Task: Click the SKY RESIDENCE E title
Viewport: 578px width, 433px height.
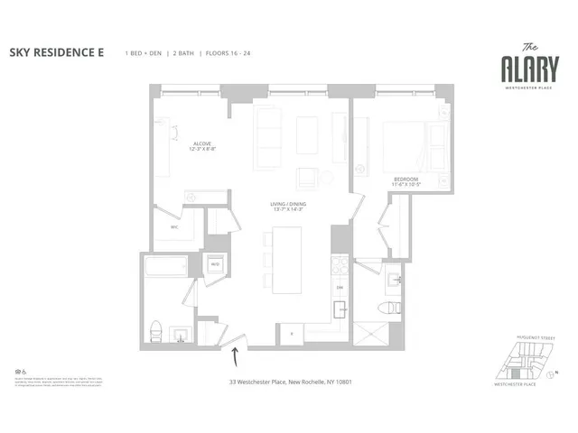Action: pos(56,53)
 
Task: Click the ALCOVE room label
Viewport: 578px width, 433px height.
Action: pos(202,144)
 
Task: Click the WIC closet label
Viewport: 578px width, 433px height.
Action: pos(175,227)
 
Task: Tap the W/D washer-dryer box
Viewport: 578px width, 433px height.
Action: pos(216,264)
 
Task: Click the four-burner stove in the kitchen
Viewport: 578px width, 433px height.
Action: pos(340,266)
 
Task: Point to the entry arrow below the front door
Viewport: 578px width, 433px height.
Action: pos(236,357)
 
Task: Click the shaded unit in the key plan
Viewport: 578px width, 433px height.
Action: pos(516,373)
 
